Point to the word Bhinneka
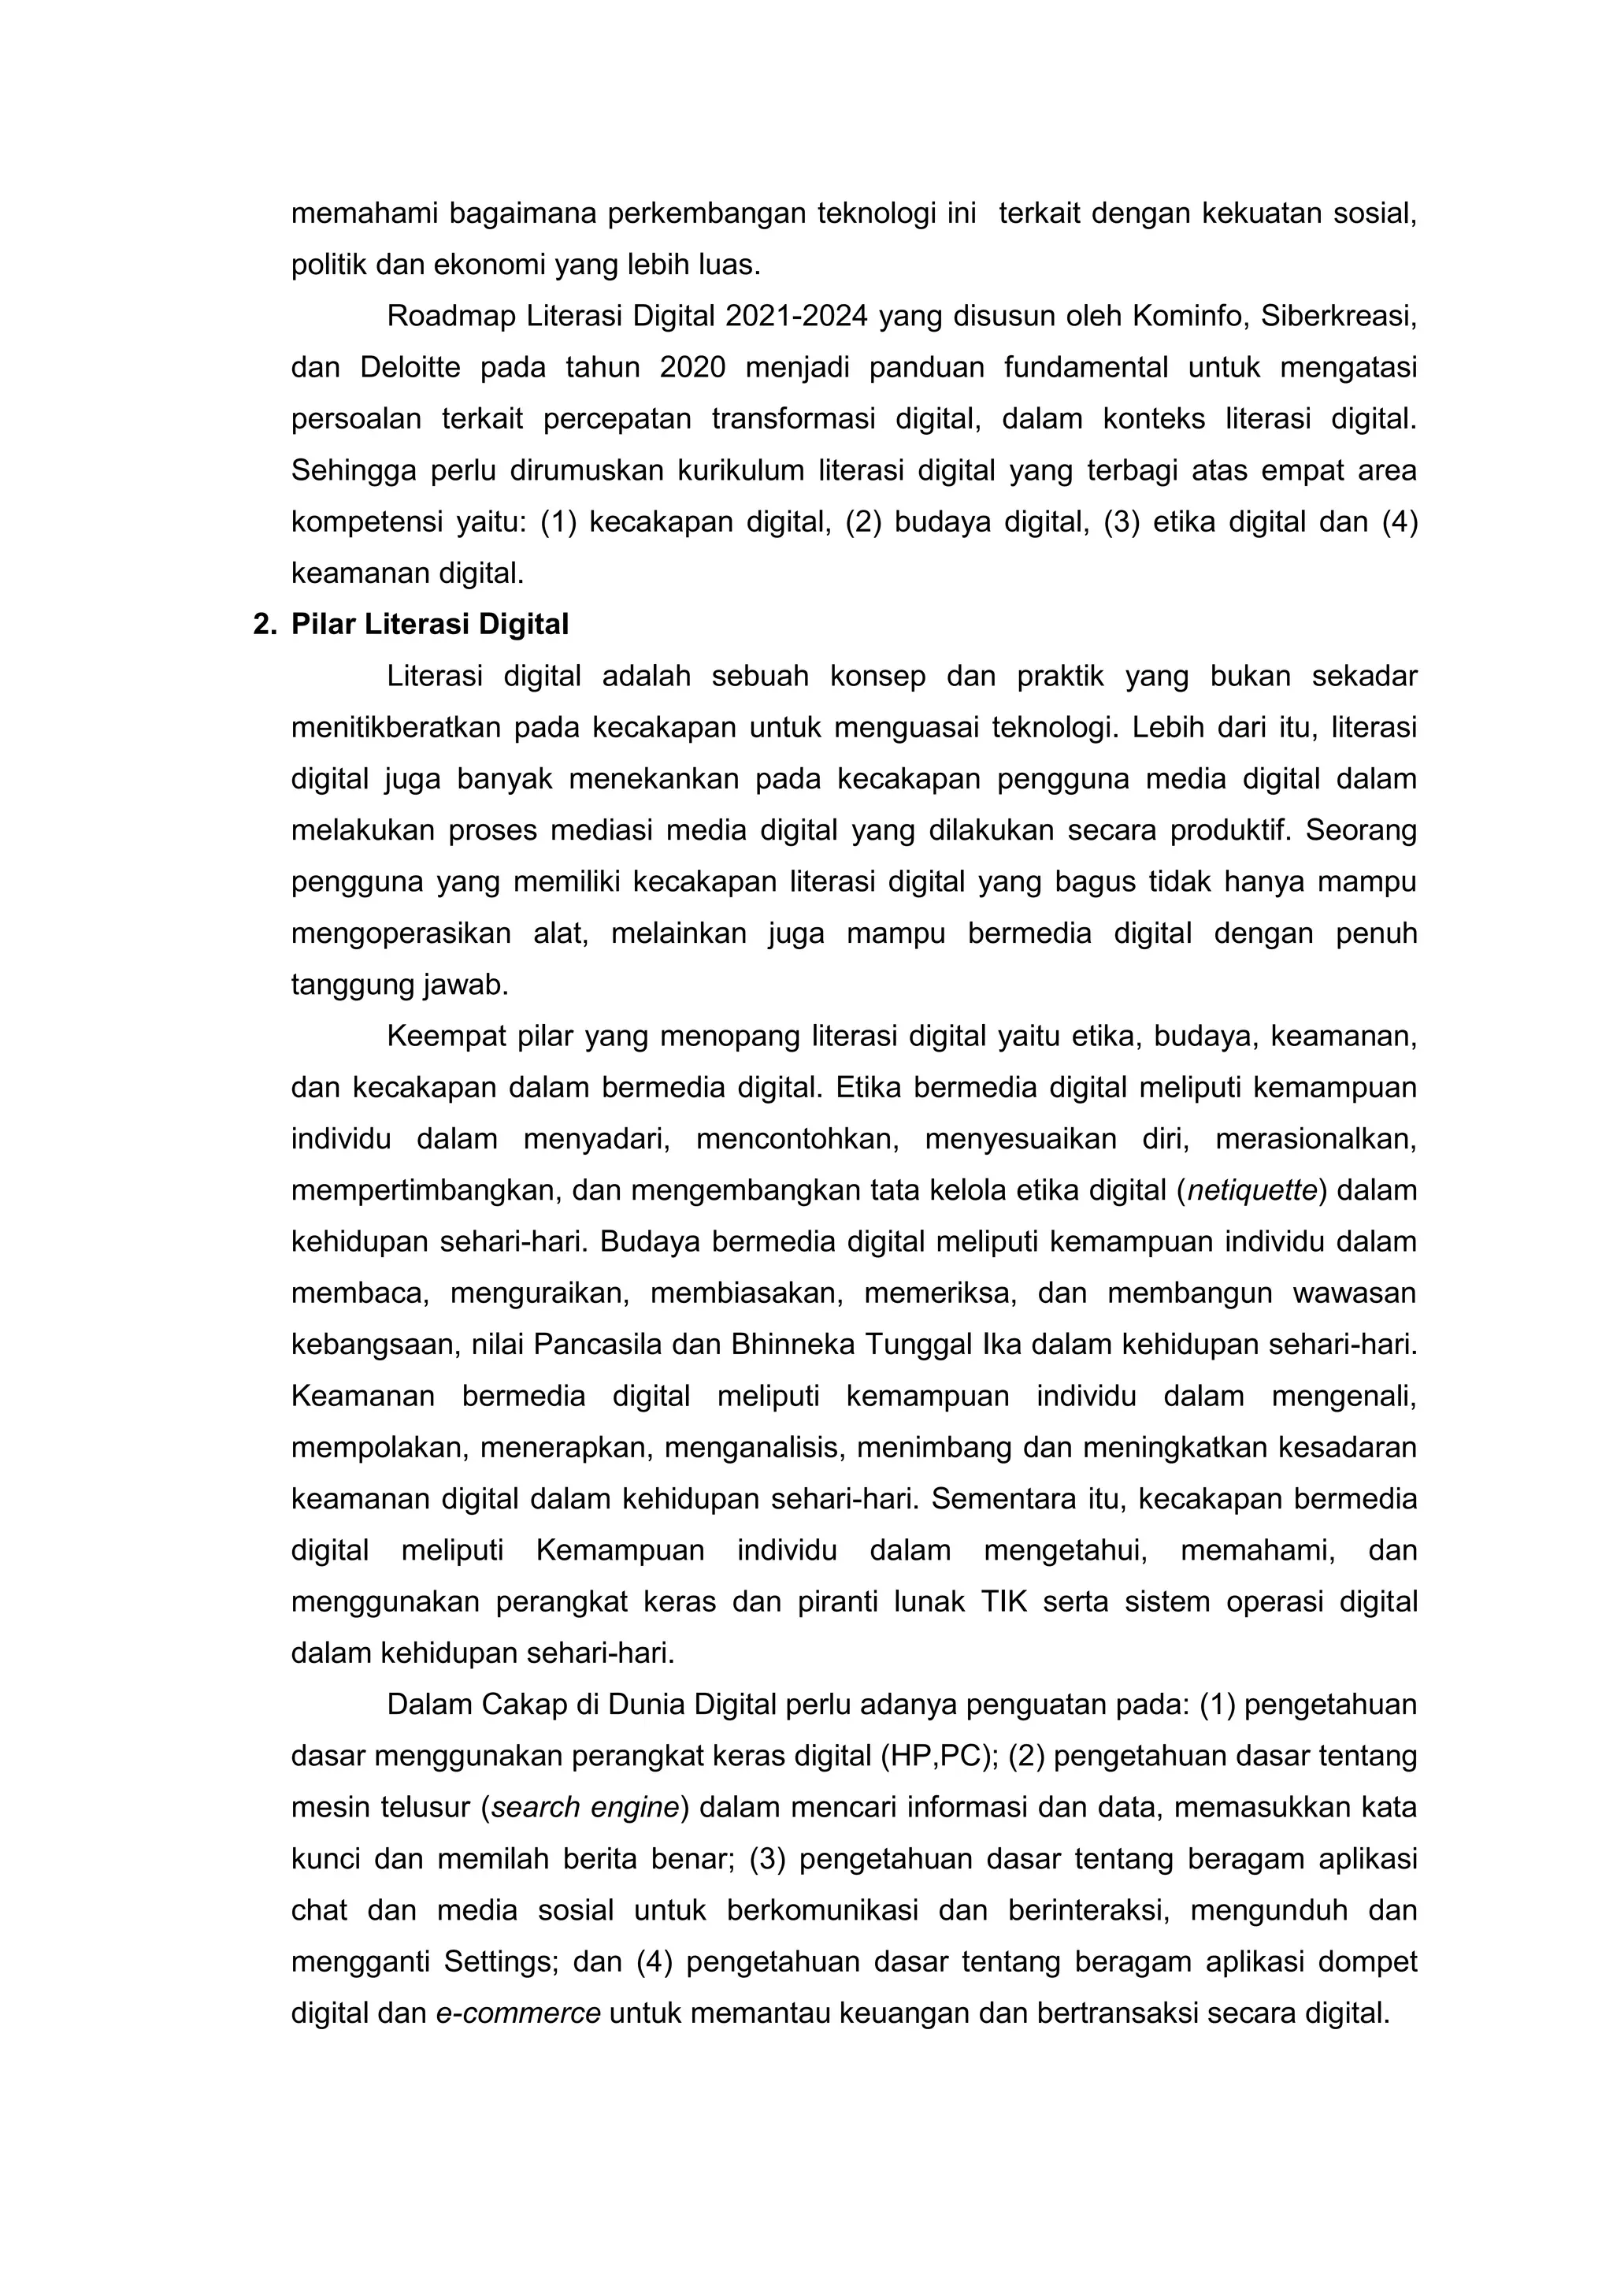tap(791, 1345)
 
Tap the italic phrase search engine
tap(584, 1807)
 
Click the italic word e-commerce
tap(517, 2013)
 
